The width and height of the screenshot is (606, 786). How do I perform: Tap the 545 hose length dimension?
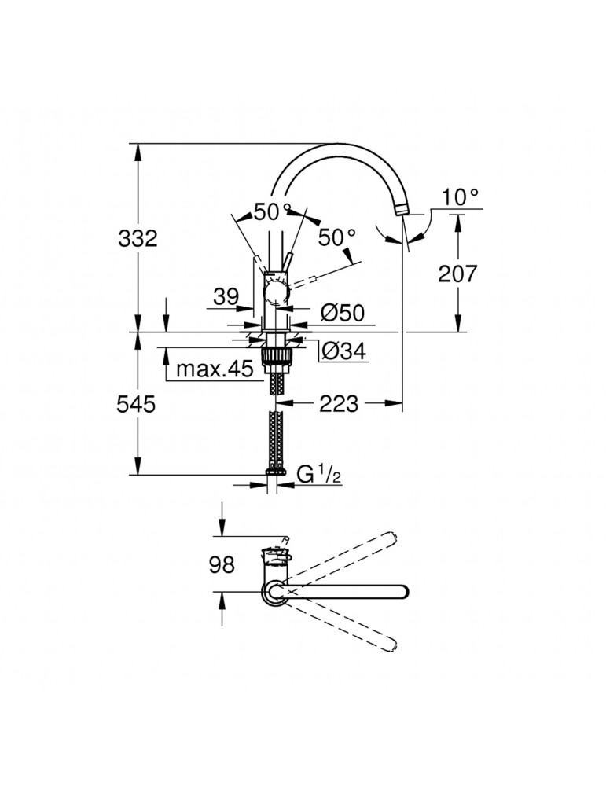(138, 404)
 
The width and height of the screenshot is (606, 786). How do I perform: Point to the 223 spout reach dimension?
(338, 404)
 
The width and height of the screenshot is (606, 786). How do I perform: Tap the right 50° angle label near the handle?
(337, 235)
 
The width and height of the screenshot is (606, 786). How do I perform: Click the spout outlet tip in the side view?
(402, 209)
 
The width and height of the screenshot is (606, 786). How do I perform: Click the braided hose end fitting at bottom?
(276, 470)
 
